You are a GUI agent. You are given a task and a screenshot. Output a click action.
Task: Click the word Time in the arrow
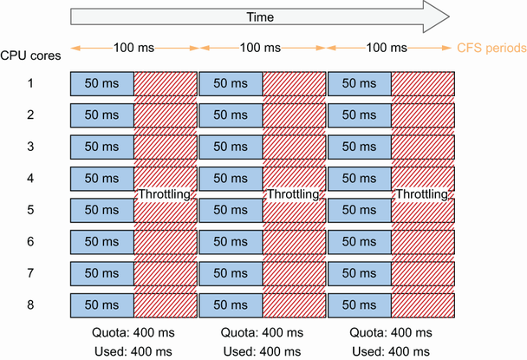(x=260, y=16)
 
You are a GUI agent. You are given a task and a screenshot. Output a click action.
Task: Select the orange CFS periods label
(x=491, y=47)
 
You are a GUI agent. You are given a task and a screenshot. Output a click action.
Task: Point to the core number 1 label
(x=29, y=83)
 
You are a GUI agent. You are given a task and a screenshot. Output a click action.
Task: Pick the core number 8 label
(x=29, y=305)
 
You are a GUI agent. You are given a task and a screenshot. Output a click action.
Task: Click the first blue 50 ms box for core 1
(x=101, y=83)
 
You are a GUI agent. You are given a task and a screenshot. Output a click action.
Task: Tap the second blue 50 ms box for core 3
(x=231, y=147)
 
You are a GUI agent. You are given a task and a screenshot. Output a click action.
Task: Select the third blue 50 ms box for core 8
(x=359, y=305)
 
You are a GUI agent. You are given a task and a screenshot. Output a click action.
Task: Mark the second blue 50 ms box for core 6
(x=231, y=242)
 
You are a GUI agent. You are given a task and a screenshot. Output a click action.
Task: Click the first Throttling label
(x=165, y=195)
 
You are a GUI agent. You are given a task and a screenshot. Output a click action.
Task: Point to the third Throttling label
(x=422, y=195)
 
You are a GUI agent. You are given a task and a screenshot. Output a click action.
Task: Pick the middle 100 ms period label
(x=263, y=47)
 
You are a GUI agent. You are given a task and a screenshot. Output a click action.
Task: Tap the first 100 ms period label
(x=133, y=47)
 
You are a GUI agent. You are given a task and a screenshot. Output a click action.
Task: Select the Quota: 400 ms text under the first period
(x=133, y=333)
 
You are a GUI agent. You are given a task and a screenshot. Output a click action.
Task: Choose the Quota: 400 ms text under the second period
(x=263, y=333)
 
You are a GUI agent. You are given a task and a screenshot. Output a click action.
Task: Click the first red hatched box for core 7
(x=166, y=273)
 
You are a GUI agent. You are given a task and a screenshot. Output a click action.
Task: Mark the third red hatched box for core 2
(x=424, y=115)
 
